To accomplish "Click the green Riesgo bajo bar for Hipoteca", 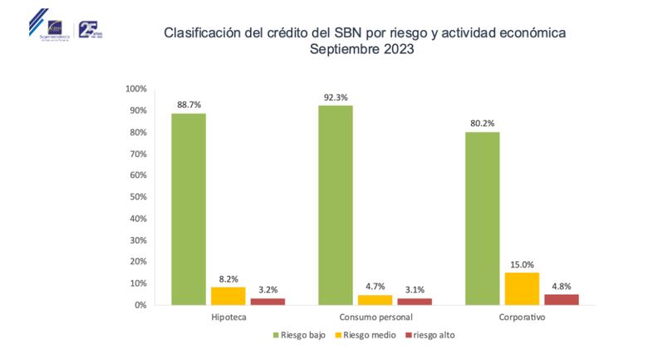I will [189, 209].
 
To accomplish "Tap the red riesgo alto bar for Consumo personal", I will [415, 301].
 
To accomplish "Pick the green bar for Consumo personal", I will [336, 205].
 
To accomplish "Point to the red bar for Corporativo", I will [561, 299].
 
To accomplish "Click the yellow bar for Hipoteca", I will [228, 295].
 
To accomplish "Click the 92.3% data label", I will [336, 97].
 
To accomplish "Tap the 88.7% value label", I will [189, 105].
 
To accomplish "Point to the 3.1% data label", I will [415, 289].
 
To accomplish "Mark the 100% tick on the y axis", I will [135, 89].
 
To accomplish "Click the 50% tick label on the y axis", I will [137, 197].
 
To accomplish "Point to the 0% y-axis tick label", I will [140, 305].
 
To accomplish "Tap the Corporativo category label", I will [521, 318].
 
